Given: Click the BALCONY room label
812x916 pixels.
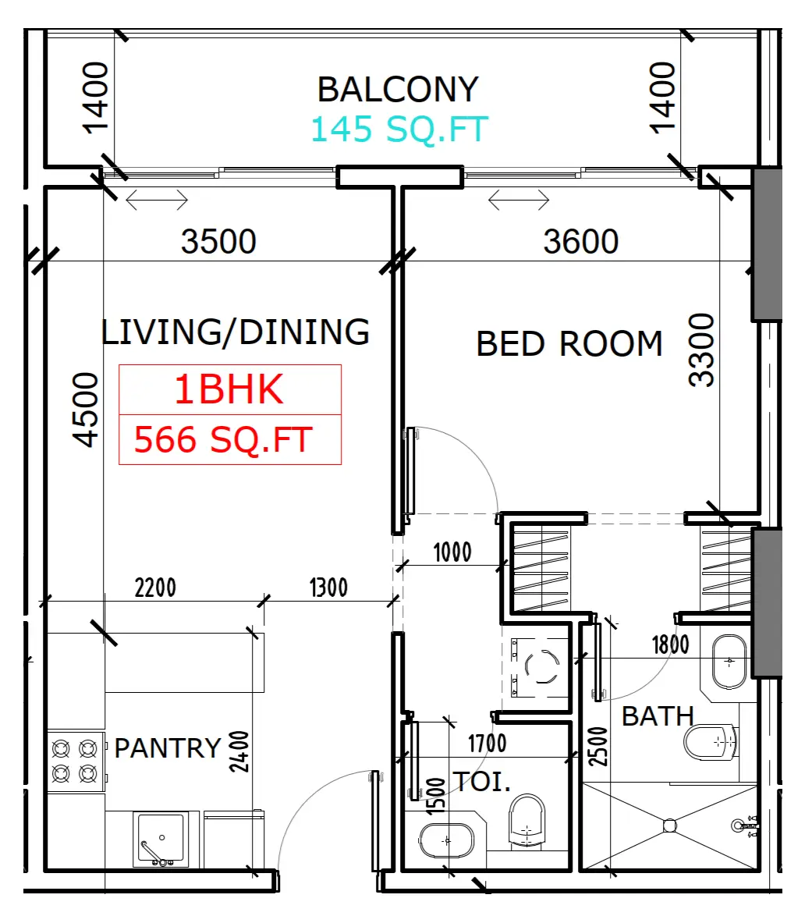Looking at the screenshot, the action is (398, 90).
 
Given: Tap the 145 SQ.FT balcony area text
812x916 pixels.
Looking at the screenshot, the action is (399, 129).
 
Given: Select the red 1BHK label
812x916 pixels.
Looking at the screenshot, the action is (229, 389).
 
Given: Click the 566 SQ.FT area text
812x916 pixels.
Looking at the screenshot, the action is (224, 440).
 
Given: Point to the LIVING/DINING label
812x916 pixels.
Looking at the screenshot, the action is (236, 332).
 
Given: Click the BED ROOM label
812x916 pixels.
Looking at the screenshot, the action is (569, 343).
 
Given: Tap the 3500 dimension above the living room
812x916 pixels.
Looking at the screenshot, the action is (218, 241).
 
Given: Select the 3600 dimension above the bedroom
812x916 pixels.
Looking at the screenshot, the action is (580, 241).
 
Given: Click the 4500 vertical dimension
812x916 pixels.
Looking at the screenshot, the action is (85, 410).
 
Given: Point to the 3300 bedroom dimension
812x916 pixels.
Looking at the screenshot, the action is (701, 350).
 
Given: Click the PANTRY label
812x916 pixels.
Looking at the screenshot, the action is (168, 748).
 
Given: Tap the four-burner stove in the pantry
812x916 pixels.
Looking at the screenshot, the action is (76, 762).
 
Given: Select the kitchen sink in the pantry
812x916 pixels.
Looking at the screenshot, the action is (161, 839).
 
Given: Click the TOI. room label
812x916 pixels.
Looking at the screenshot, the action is (482, 782).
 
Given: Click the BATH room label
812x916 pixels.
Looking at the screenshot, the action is (658, 716).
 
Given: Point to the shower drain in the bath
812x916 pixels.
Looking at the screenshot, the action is (670, 825).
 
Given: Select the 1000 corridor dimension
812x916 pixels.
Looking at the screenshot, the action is (452, 552).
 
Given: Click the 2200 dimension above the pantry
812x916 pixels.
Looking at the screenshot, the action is (154, 588).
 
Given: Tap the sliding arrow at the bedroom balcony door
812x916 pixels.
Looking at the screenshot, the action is (519, 200).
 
